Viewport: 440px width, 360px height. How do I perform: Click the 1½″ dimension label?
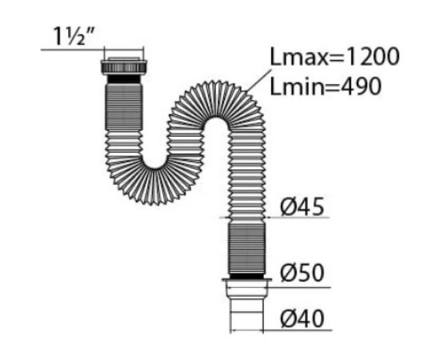[74, 36]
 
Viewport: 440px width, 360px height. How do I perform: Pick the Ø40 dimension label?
[302, 319]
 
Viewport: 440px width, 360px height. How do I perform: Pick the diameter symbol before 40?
[289, 319]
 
